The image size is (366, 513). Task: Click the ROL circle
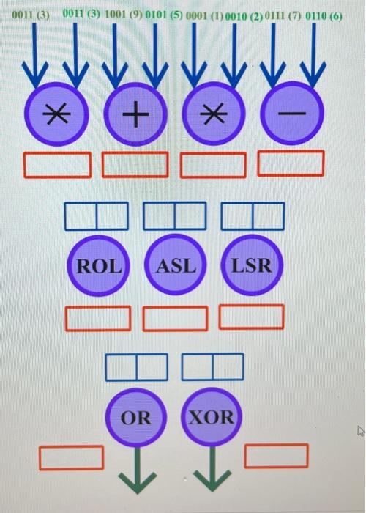[100, 265]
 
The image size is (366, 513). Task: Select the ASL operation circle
[176, 265]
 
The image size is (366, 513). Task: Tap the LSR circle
[252, 265]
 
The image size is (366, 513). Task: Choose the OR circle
[136, 418]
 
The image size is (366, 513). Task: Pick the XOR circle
[212, 418]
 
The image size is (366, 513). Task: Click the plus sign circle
[134, 114]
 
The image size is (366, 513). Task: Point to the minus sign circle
[292, 114]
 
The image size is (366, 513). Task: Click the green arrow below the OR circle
[136, 469]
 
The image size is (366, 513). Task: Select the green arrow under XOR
[212, 469]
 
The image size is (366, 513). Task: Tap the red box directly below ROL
[99, 317]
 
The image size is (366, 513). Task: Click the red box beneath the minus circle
[291, 163]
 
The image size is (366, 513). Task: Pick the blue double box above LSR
[253, 215]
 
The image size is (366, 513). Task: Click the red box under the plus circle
[134, 164]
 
